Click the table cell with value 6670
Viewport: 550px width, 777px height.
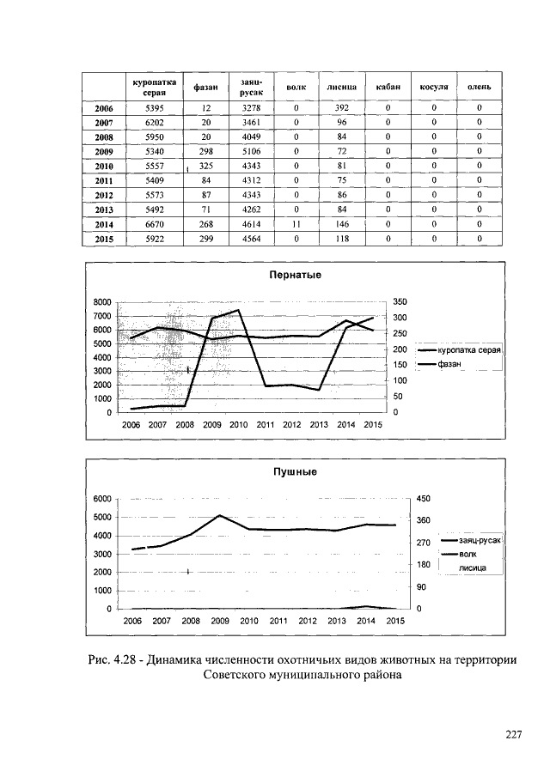pyautogui.click(x=155, y=224)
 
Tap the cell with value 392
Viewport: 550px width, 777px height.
pyautogui.click(x=340, y=108)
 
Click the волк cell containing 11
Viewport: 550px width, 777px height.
pyautogui.click(x=296, y=224)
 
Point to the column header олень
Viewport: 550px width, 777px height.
pyautogui.click(x=480, y=87)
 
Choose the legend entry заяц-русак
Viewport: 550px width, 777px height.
pyautogui.click(x=470, y=540)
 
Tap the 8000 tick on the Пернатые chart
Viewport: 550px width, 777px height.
pyautogui.click(x=103, y=302)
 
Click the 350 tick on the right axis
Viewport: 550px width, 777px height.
pyautogui.click(x=401, y=302)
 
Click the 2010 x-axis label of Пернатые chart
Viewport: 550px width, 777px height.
pyautogui.click(x=238, y=425)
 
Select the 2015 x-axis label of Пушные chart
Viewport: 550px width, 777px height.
pyautogui.click(x=394, y=620)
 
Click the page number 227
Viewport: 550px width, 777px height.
pyautogui.click(x=514, y=735)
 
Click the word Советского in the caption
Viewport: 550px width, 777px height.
pyautogui.click(x=242, y=675)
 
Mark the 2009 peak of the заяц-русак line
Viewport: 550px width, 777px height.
pyautogui.click(x=220, y=515)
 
